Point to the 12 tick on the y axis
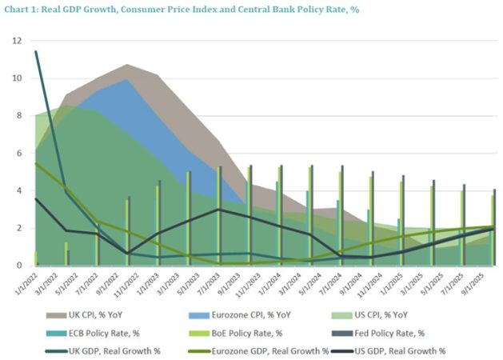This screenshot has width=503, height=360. coord(18,41)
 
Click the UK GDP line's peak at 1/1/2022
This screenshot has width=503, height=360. coord(36,52)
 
